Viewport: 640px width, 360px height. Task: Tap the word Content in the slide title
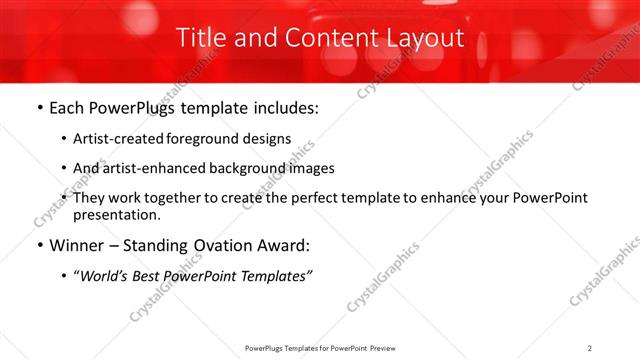[x=322, y=38]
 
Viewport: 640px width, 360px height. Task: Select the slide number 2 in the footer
[x=590, y=348]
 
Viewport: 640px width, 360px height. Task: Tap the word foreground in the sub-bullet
[x=203, y=139]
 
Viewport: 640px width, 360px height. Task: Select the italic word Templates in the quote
[x=273, y=275]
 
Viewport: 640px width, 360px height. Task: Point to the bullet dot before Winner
[x=38, y=245]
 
